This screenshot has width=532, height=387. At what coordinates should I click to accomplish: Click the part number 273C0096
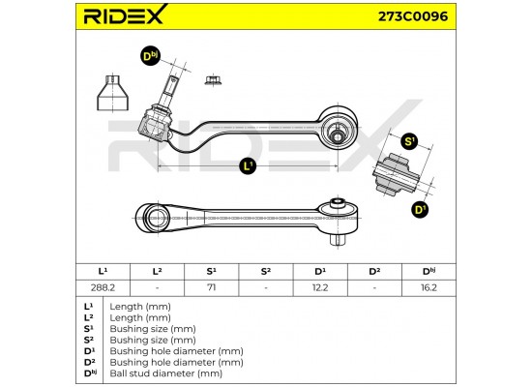tap(413, 15)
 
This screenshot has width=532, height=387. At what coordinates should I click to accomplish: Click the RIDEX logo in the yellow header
tap(125, 15)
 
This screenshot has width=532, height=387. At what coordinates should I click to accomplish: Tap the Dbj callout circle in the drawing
tap(150, 56)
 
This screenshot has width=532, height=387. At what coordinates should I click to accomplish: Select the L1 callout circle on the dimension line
tap(248, 166)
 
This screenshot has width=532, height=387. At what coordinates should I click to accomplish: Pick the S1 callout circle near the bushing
tap(409, 141)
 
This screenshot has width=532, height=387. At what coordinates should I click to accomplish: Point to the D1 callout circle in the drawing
tap(421, 209)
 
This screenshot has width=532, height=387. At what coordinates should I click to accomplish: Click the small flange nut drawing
tap(214, 80)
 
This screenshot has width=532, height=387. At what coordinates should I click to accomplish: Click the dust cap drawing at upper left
tap(112, 93)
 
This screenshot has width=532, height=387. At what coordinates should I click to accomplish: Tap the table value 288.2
tap(103, 287)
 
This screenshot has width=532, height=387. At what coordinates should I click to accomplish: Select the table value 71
tap(212, 287)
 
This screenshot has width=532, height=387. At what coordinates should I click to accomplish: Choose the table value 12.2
tap(320, 287)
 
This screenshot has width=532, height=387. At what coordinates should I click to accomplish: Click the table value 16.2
tap(429, 287)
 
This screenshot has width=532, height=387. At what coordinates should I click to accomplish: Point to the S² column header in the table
tap(266, 272)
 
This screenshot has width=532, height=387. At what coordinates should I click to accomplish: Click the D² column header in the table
tap(374, 272)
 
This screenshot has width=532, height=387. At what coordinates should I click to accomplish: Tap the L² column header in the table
tap(157, 272)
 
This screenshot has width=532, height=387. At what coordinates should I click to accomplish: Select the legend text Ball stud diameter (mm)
tap(166, 373)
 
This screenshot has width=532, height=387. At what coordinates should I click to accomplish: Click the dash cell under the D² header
tap(374, 288)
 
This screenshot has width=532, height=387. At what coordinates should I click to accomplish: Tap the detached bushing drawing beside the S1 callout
tap(396, 176)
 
